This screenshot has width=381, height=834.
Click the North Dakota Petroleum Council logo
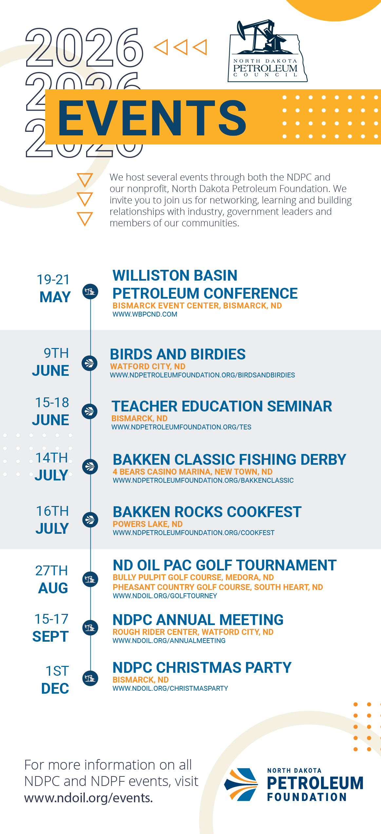click(x=267, y=51)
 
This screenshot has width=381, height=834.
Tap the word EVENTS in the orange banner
click(x=152, y=118)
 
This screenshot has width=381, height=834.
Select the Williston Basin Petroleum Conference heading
click(x=205, y=284)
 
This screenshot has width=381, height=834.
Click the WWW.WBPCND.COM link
click(x=145, y=314)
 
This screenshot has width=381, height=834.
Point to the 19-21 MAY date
click(x=54, y=288)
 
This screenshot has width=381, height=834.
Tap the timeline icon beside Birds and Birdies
click(x=90, y=363)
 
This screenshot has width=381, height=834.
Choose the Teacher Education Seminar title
click(x=222, y=406)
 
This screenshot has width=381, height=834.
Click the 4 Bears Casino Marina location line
click(x=193, y=472)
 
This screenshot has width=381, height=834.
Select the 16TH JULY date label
click(x=52, y=520)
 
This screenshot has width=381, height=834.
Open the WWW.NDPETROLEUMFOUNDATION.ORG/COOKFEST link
click(x=194, y=533)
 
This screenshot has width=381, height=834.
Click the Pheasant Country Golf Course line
click(x=218, y=587)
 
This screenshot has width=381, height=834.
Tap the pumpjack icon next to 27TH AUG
click(x=90, y=579)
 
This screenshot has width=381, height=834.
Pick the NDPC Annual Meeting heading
click(x=198, y=620)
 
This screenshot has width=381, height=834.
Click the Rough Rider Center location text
click(x=193, y=632)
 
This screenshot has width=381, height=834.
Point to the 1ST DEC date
click(x=55, y=680)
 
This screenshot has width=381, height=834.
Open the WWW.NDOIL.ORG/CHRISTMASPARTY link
click(x=170, y=688)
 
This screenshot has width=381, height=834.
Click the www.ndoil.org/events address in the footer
click(x=88, y=798)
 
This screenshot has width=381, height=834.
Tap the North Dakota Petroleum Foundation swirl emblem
click(x=241, y=784)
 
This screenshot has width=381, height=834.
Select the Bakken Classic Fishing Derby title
click(x=229, y=460)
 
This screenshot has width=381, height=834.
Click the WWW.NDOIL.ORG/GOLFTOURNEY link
click(x=165, y=596)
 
